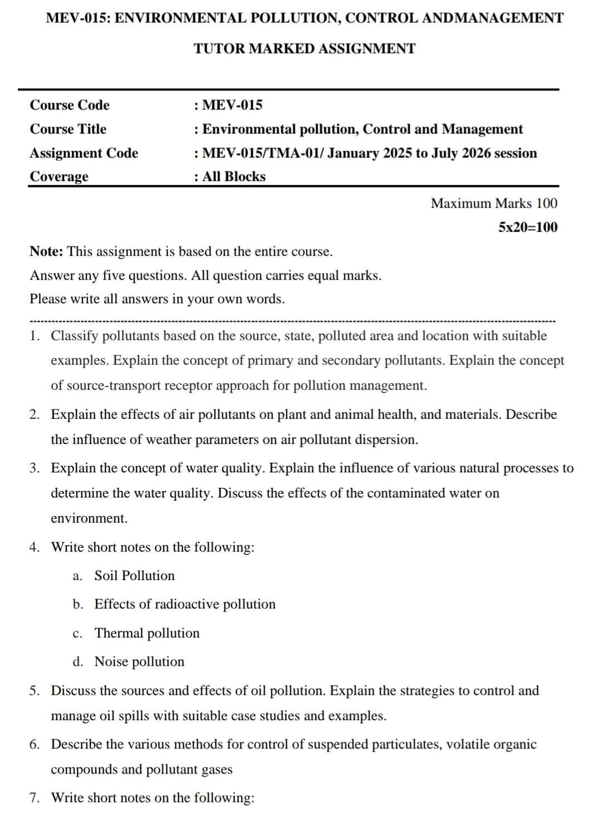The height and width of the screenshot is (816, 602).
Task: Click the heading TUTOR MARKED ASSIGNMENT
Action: point(304,49)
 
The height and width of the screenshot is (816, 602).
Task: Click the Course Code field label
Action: point(70,105)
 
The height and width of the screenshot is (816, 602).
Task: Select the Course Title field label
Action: point(68,129)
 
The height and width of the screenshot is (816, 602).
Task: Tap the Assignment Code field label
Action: point(84,153)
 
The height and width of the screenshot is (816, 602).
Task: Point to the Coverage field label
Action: point(59,176)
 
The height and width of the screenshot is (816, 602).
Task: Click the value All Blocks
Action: point(234,176)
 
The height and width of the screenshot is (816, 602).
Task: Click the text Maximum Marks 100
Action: point(493,203)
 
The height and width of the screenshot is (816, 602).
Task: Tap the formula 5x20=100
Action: point(527,227)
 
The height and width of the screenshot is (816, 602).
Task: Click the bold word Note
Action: point(46,252)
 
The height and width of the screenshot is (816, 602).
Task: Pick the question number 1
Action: point(35,336)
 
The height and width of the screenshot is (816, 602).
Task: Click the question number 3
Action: point(35,468)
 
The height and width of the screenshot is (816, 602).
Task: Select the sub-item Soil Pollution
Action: point(134,576)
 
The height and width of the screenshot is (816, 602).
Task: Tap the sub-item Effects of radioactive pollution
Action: point(185,604)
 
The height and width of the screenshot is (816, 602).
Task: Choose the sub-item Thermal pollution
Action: point(147,633)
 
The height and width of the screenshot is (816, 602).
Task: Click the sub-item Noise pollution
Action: point(139,662)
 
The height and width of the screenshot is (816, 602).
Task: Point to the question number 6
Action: point(35,744)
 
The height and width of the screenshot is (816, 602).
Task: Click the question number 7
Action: point(35,798)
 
